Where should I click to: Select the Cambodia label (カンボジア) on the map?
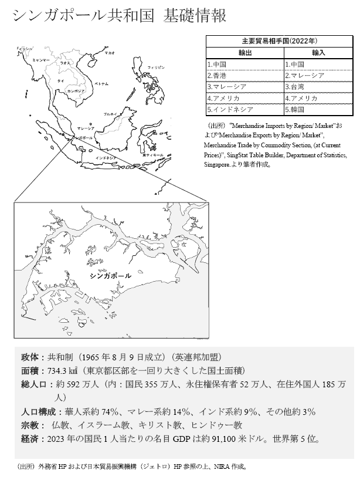coord(76,92)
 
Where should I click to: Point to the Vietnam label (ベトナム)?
coord(101,84)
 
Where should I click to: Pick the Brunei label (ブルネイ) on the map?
coord(109,113)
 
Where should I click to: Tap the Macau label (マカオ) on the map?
coord(110,53)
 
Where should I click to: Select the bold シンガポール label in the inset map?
coord(111,274)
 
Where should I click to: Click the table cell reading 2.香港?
coord(216,76)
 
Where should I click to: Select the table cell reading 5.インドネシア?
coord(229,109)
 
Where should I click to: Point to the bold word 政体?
coord(29,357)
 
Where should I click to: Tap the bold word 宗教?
coord(29,424)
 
